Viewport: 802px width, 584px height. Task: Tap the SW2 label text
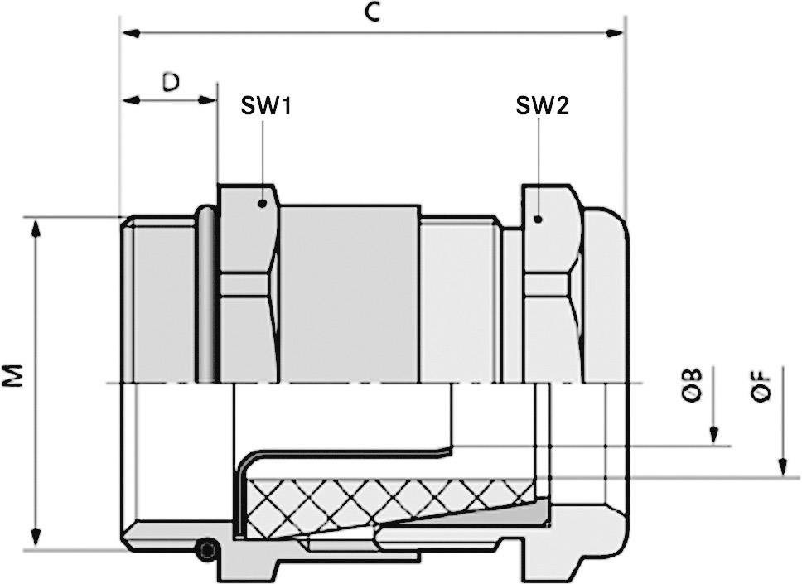542,105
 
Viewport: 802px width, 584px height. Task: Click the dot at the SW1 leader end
263,202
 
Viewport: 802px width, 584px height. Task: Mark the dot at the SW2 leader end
539,219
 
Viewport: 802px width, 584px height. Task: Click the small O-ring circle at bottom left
207,550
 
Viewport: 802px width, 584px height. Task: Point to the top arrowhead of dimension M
36,229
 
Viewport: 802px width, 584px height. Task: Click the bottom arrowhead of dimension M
36,538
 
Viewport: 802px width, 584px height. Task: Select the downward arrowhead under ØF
781,468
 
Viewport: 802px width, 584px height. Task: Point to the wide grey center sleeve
348,294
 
